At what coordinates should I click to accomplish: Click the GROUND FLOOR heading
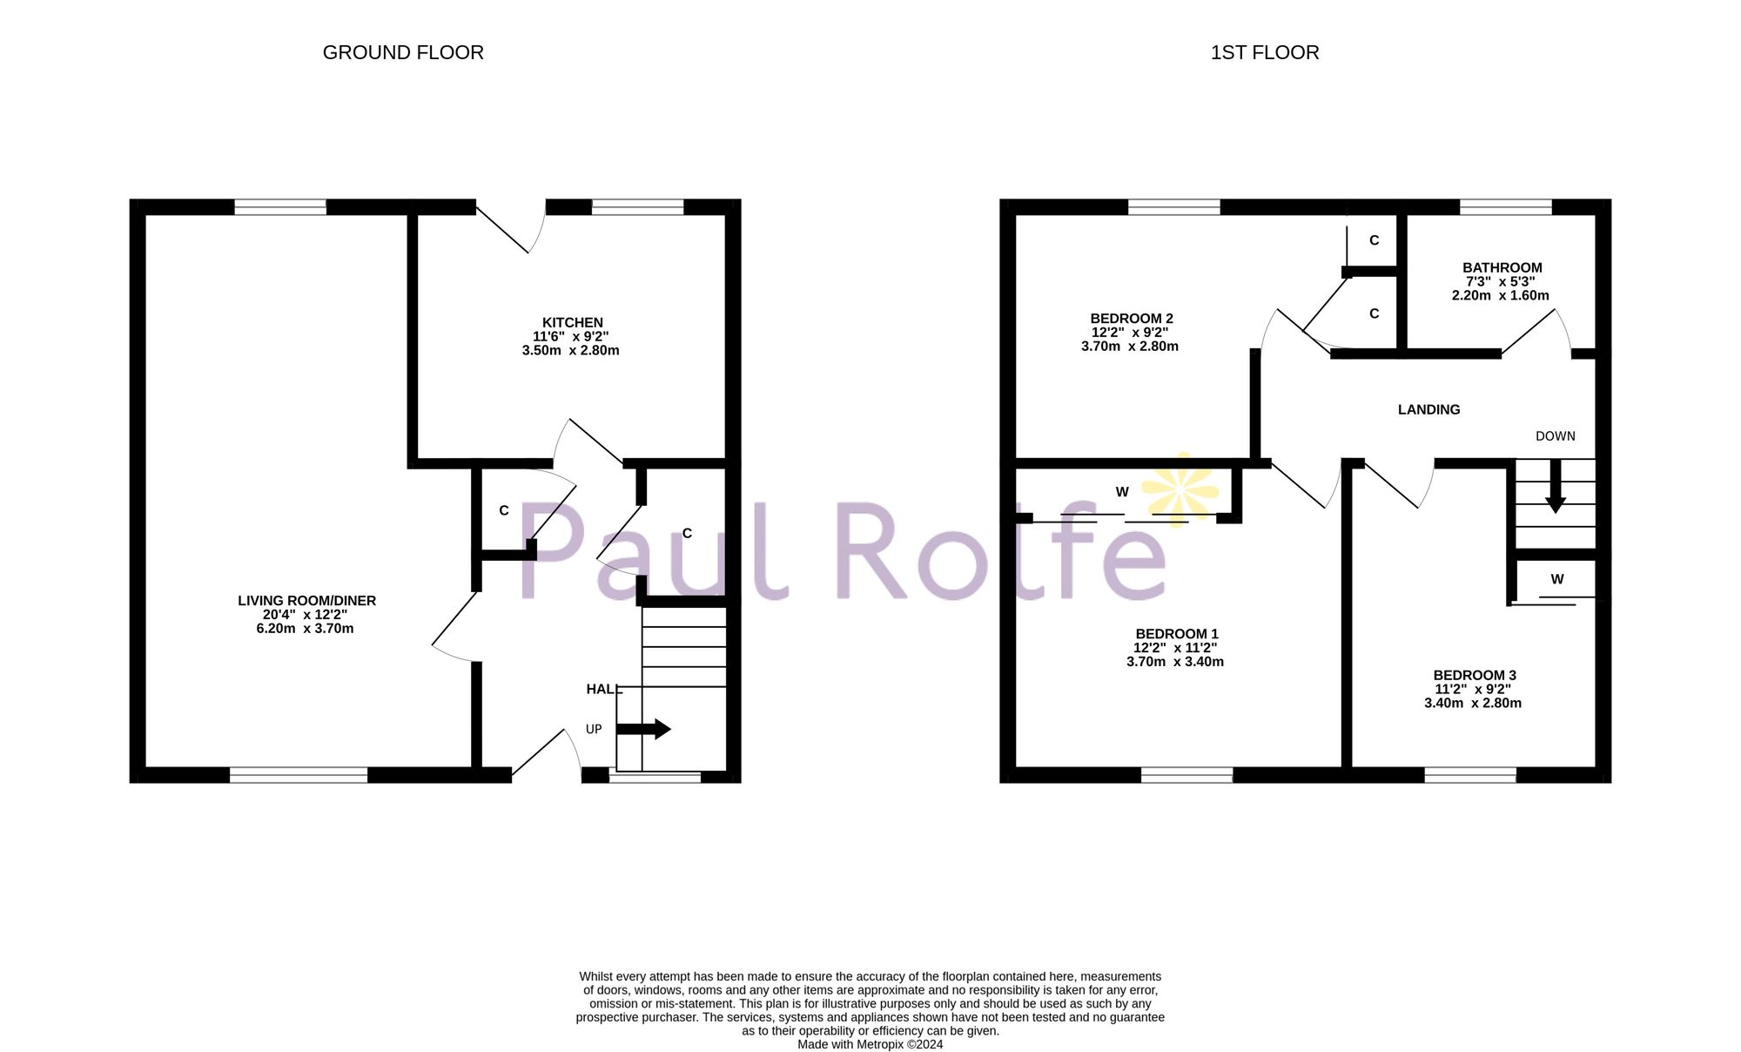403,53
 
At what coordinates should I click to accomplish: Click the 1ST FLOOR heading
1264,53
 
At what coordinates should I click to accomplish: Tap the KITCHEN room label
572,322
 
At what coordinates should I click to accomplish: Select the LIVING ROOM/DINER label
306,601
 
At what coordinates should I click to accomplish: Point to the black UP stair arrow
644,729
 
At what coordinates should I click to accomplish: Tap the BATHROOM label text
1502,268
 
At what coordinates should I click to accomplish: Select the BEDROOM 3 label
1474,675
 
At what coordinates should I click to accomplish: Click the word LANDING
1428,409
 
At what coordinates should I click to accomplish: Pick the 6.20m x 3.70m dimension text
305,629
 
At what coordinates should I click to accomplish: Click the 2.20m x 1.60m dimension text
1500,295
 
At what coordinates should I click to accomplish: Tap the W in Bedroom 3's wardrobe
1556,579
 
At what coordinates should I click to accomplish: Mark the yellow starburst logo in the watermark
1180,489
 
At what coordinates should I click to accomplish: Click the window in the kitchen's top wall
637,207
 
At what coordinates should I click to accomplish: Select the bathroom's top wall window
1505,207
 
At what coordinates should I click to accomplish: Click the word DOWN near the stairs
1555,436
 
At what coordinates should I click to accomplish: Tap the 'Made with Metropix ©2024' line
870,1044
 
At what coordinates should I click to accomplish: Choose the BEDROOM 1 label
1176,634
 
